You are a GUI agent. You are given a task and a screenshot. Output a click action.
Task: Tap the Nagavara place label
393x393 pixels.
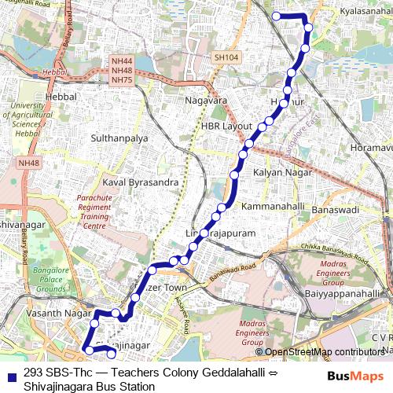coord(206,101)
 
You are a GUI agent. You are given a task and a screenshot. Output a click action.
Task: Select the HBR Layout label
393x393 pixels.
coord(226,126)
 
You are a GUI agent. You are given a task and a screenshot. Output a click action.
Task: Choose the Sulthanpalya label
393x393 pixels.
coord(119,138)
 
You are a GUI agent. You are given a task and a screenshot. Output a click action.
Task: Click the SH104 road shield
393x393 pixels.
coord(226,58)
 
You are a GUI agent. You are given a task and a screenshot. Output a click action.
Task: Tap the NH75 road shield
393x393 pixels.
coord(122,79)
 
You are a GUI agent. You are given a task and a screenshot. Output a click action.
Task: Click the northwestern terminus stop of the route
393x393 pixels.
coord(277,16)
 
